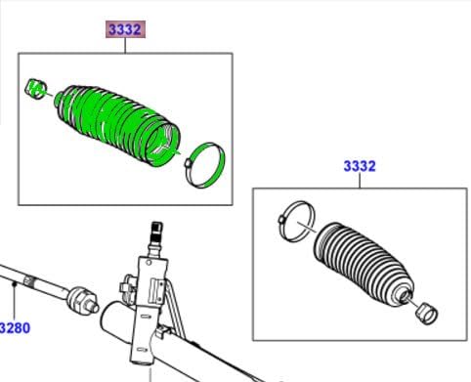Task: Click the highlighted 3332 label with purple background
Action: click(x=125, y=29)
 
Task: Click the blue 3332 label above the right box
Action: click(x=360, y=166)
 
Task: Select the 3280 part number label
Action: click(x=15, y=327)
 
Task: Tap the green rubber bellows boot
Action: click(x=117, y=124)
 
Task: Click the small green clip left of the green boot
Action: click(x=36, y=89)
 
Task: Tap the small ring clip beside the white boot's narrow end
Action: click(x=427, y=314)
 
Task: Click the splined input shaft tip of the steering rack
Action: click(x=157, y=230)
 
